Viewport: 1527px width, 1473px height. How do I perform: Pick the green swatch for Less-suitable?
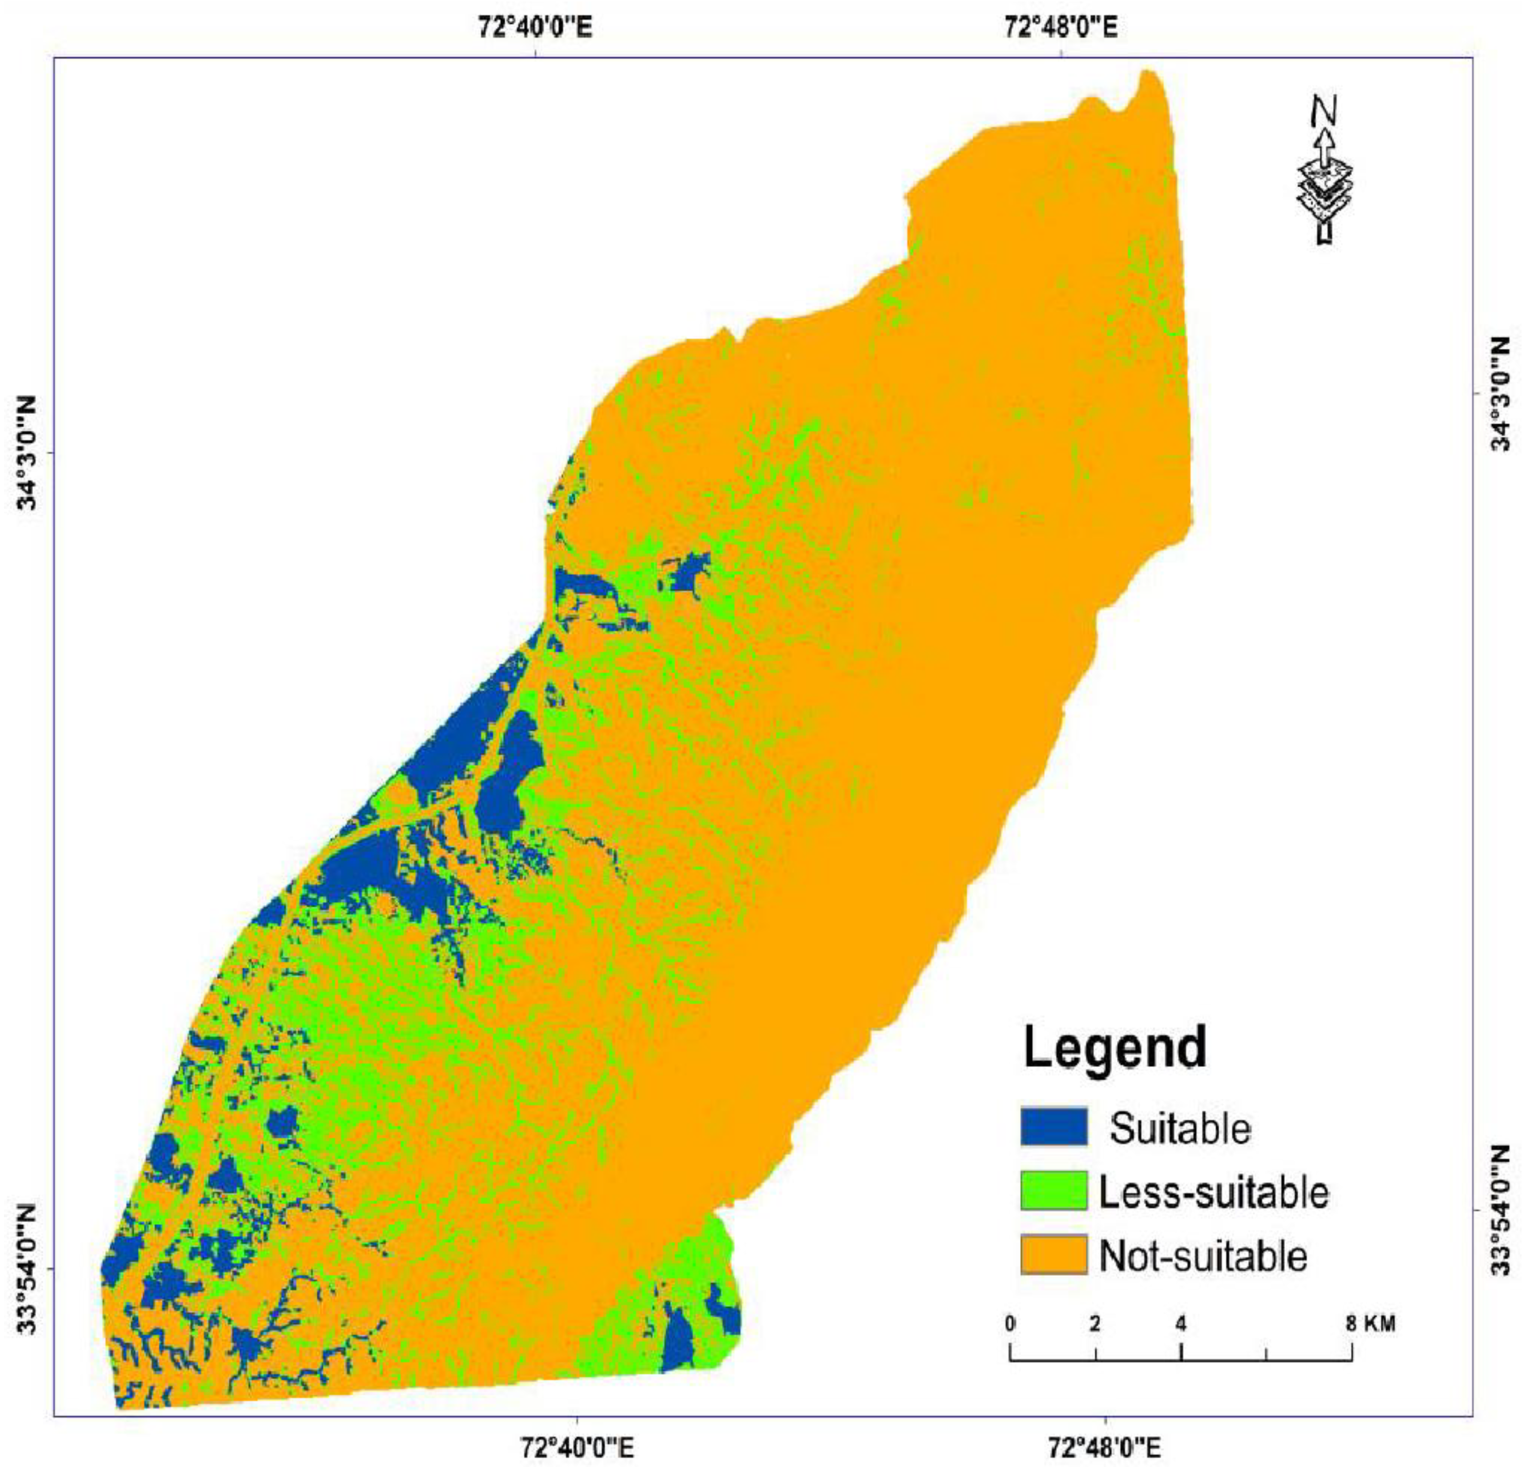click(1053, 1190)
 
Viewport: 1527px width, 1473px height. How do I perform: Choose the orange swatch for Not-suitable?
click(1053, 1255)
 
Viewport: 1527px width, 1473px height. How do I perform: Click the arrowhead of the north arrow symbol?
click(1323, 140)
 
